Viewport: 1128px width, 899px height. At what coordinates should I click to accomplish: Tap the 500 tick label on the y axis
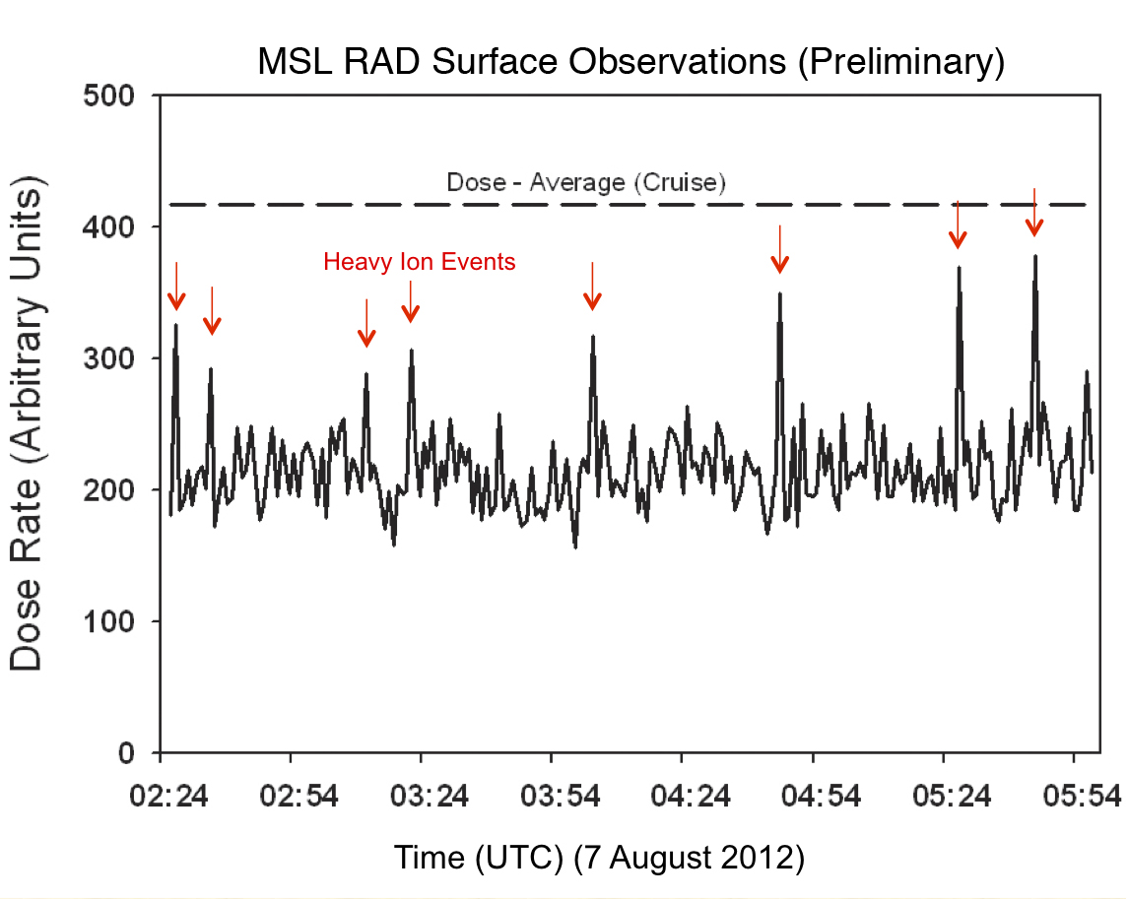[x=117, y=96]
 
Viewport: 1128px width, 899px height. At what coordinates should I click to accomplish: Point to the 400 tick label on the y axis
[x=117, y=227]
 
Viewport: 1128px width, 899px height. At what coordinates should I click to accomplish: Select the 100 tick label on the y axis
[x=117, y=621]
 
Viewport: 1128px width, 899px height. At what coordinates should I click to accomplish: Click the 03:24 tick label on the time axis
[x=421, y=793]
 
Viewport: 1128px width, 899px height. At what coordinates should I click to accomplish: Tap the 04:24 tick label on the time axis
[x=682, y=793]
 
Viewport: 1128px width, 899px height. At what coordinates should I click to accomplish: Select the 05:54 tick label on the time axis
[x=1073, y=793]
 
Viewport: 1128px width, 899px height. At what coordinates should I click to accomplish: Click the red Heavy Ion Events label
[x=420, y=262]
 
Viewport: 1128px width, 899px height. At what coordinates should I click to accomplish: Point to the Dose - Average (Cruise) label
[x=586, y=182]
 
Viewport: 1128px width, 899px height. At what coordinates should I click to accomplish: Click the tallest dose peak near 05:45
[x=1035, y=257]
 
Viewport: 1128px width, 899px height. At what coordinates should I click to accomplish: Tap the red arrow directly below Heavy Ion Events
[x=411, y=302]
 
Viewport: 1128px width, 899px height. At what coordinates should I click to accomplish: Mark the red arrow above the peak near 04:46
[x=780, y=249]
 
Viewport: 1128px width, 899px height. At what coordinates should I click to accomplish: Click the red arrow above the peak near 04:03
[x=592, y=288]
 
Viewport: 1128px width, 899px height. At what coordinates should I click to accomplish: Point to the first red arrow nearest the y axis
[x=176, y=288]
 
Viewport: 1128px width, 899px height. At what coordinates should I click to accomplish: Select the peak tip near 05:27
[x=958, y=267]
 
